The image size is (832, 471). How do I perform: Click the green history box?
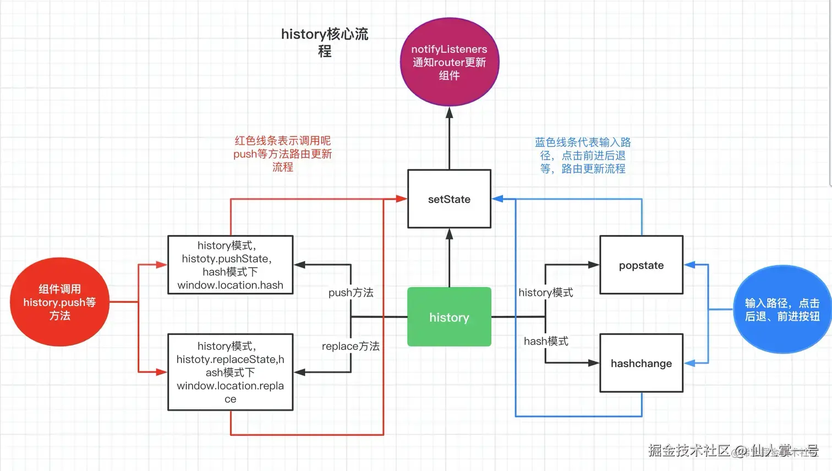point(449,317)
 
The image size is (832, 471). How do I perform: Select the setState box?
point(449,199)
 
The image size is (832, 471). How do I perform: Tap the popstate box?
point(641,265)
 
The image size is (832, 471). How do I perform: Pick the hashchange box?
point(641,363)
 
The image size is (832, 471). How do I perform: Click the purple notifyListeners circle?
point(449,62)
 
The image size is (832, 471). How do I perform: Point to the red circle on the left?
point(59,302)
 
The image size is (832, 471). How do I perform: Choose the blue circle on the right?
point(782,309)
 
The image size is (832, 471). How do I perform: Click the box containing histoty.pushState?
point(230,265)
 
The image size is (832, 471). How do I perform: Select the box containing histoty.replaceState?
point(230,372)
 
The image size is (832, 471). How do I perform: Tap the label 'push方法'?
point(351,293)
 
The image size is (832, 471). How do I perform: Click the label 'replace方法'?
point(351,346)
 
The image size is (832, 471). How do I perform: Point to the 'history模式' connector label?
point(545,293)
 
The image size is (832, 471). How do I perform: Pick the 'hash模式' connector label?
point(546,341)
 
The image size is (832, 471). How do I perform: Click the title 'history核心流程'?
point(325,42)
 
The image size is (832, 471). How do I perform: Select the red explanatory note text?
point(282,154)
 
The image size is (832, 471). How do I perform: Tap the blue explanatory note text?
point(583,156)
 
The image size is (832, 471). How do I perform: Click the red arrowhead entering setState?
point(402,199)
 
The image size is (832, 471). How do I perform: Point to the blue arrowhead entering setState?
point(497,199)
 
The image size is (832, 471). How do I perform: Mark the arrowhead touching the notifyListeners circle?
point(449,113)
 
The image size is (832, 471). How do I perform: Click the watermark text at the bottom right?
point(732,451)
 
